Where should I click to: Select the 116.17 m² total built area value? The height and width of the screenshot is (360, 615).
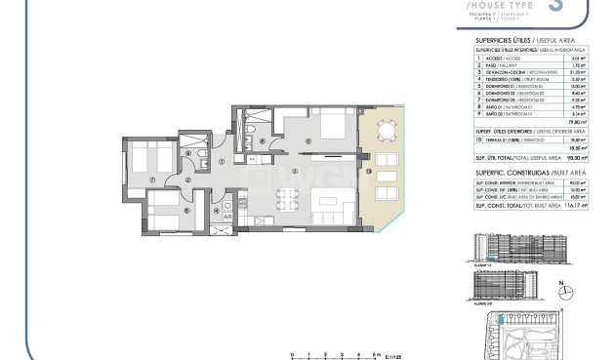(571, 207)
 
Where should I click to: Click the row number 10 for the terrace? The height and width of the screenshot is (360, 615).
(479, 140)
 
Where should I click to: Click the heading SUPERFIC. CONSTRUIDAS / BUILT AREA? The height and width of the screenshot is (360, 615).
(514, 171)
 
